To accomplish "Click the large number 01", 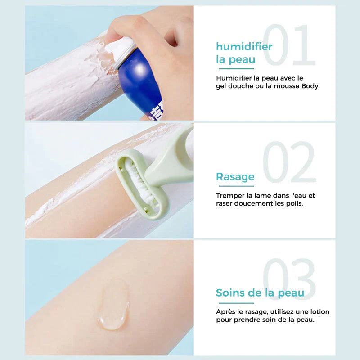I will point(289,45).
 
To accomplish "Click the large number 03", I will point(289,280).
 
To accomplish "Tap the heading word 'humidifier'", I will point(244,46).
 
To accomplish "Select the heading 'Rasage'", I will point(235,176).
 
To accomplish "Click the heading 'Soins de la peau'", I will point(260,293).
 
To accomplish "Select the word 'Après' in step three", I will point(226,311).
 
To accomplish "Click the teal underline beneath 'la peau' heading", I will point(236,69).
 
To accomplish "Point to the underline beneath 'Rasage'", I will point(235,186).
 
